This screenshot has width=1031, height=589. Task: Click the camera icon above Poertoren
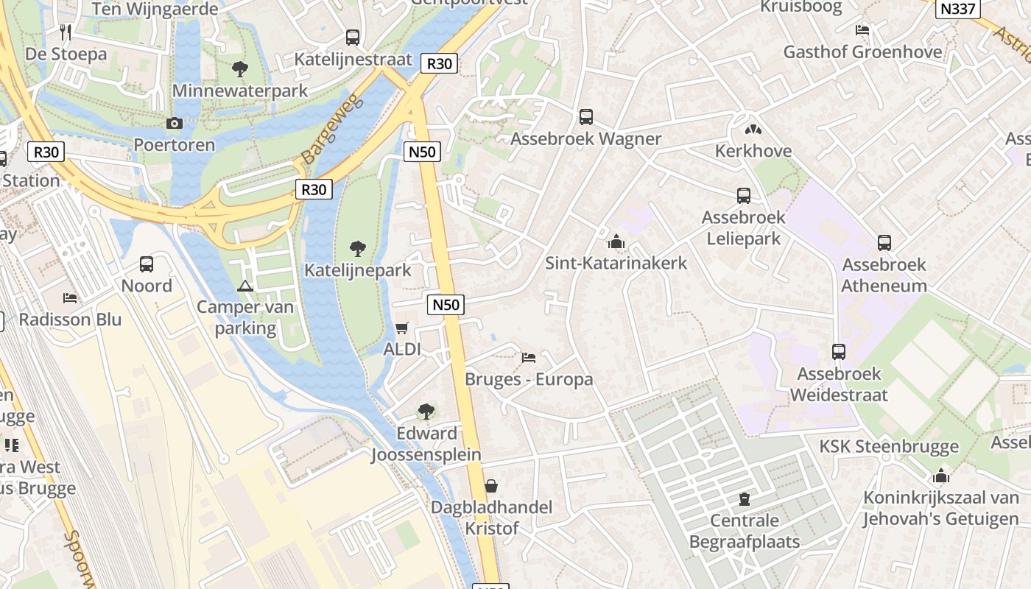point(175,123)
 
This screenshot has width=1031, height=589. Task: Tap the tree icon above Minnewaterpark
point(239,69)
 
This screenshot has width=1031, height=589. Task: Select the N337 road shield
point(958,10)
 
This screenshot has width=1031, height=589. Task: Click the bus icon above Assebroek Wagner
point(586,116)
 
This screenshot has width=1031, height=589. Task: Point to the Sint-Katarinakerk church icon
point(616,241)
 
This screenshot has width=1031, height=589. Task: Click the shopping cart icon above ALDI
point(401,328)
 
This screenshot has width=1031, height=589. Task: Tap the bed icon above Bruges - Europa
point(529,358)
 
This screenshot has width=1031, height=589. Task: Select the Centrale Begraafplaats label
point(744,532)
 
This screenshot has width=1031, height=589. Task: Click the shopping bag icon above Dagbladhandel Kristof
point(491,486)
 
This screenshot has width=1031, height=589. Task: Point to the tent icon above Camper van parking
point(245,286)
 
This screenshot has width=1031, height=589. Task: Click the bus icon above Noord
point(147,264)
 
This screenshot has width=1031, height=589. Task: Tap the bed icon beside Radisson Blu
point(70,298)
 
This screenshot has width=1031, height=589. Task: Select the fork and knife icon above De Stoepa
point(66,32)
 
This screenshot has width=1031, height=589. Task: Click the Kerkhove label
point(753,151)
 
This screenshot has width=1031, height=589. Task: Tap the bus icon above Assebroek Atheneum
point(884,242)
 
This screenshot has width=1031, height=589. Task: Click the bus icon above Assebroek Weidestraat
point(839,351)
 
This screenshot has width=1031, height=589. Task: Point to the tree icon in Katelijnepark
point(358,248)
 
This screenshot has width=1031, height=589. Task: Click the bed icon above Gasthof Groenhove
point(862,30)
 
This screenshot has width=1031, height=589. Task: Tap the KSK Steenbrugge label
point(889,446)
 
